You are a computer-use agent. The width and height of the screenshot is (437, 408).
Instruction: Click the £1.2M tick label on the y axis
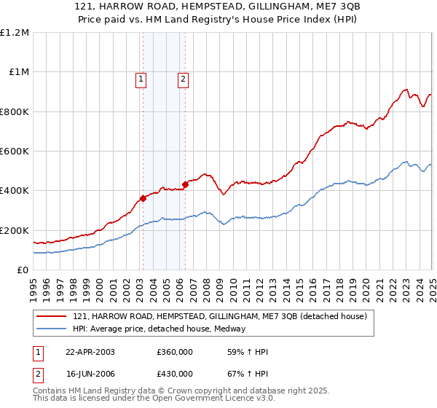click(x=15, y=33)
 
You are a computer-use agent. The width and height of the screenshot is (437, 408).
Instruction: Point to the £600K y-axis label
click(x=15, y=152)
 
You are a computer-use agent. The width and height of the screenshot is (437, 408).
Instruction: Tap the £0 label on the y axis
click(x=23, y=270)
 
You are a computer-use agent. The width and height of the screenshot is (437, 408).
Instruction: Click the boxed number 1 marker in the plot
click(x=141, y=80)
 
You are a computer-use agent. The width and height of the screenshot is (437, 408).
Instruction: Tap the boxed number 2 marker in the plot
click(x=183, y=80)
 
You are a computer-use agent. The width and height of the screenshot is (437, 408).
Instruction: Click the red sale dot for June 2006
click(x=185, y=184)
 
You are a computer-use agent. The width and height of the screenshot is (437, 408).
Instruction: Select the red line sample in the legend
click(x=52, y=315)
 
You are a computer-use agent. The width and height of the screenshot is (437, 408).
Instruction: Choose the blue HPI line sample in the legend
click(x=52, y=329)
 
